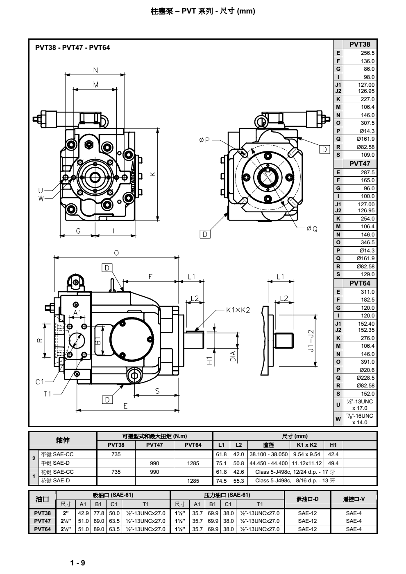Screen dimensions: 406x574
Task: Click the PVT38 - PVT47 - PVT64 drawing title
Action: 73,47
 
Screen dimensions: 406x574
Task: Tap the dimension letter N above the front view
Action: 95,70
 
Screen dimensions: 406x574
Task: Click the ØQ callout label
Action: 312,229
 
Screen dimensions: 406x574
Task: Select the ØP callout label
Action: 204,140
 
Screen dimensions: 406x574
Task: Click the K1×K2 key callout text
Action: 238,310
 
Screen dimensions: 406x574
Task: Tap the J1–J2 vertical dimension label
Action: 311,341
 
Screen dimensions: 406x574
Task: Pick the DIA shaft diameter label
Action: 233,356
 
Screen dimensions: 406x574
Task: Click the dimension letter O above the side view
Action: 116,253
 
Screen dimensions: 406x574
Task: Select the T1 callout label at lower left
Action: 48,394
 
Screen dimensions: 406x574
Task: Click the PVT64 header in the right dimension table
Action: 360,283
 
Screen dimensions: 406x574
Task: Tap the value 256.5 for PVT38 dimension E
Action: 367,53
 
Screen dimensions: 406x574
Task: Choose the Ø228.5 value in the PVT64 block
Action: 365,378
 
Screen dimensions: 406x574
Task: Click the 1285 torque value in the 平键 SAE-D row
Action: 193,463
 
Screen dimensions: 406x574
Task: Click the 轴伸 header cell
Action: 63,440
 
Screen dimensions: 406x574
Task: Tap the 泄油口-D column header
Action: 307,499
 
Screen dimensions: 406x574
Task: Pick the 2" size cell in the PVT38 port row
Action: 66,513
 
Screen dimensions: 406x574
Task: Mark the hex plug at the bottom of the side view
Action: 134,376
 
